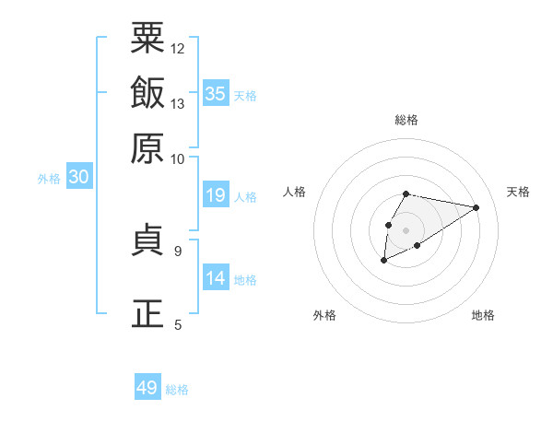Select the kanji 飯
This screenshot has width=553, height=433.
pyautogui.click(x=147, y=93)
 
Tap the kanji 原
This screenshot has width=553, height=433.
pyautogui.click(x=147, y=148)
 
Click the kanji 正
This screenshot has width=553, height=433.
pyautogui.click(x=147, y=314)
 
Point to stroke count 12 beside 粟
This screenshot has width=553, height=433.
pyautogui.click(x=178, y=48)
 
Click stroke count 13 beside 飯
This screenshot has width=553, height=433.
pyautogui.click(x=178, y=103)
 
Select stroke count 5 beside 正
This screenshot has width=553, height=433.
pyautogui.click(x=178, y=324)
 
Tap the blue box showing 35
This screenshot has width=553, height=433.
pyautogui.click(x=216, y=93)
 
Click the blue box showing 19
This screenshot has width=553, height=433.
pyautogui.click(x=216, y=194)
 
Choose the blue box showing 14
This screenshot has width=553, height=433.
pyautogui.click(x=216, y=277)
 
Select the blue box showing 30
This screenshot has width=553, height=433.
pyautogui.click(x=78, y=178)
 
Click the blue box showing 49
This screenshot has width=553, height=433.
pyautogui.click(x=147, y=388)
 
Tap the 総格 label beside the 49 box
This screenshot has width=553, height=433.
pyautogui.click(x=177, y=390)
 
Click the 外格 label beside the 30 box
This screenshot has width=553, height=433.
pyautogui.click(x=49, y=180)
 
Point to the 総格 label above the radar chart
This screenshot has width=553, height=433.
pyautogui.click(x=406, y=120)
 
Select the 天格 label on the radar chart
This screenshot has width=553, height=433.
pyautogui.click(x=518, y=192)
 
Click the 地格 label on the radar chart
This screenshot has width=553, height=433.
pyautogui.click(x=483, y=315)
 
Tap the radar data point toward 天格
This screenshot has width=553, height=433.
pyautogui.click(x=476, y=207)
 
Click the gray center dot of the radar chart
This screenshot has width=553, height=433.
pyautogui.click(x=406, y=229)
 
